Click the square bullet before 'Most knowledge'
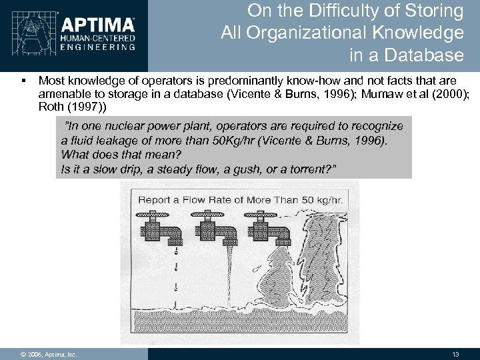click(23, 78)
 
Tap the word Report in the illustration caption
click(156, 199)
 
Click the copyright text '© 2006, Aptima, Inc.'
click(48, 354)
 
